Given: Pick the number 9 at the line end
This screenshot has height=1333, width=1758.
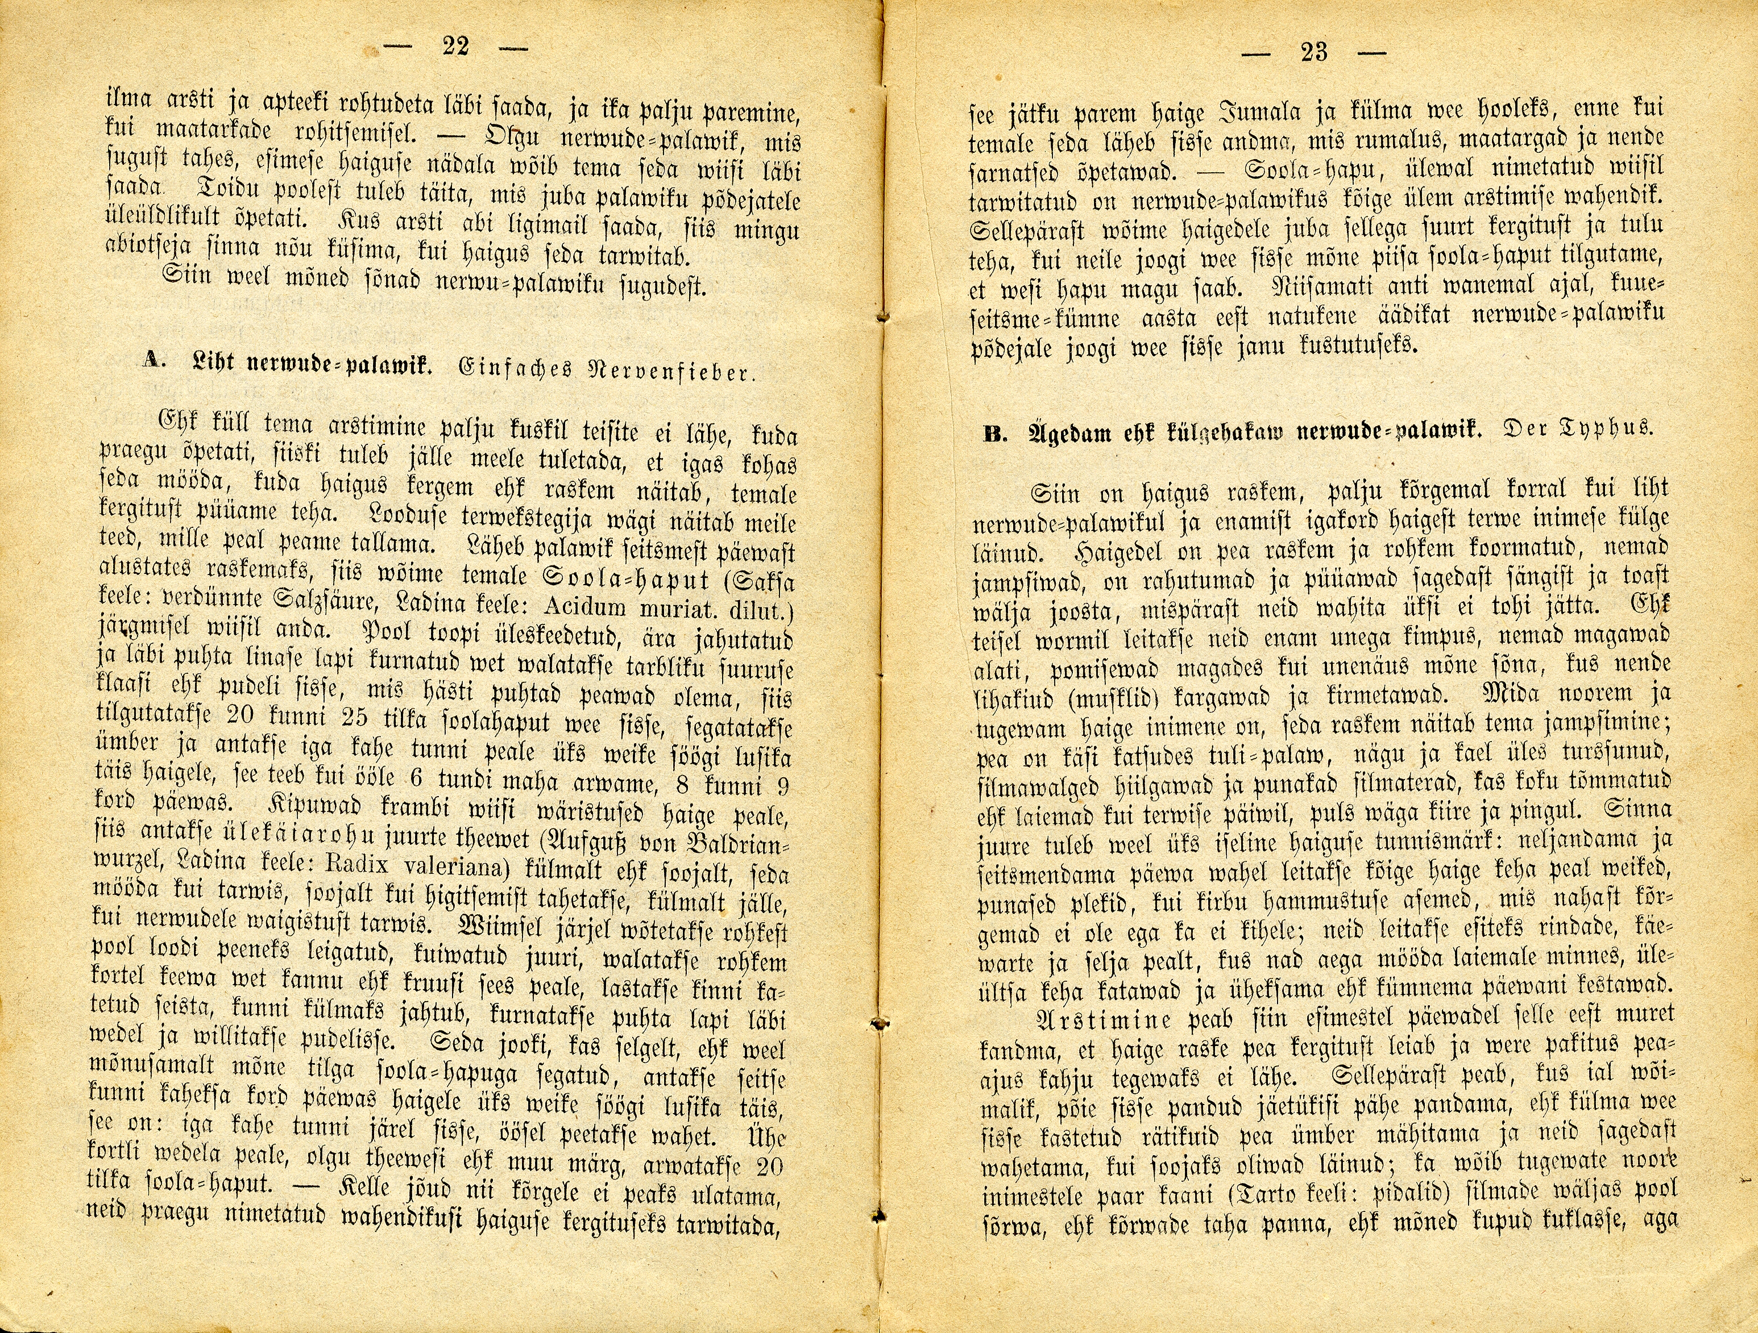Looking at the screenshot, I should point(783,788).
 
